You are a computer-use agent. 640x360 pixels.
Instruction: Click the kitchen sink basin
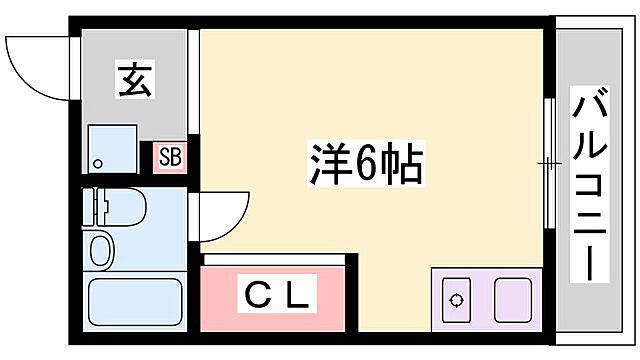(x=516, y=298)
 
